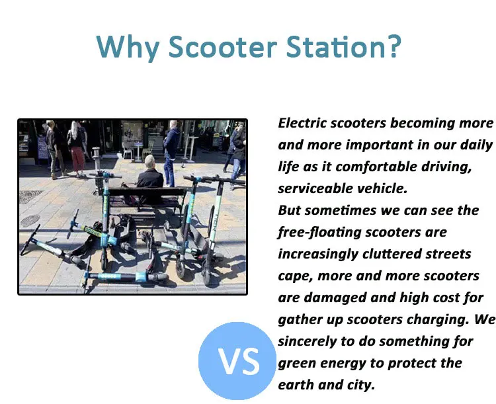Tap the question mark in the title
pos(394,46)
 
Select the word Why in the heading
pos(128,48)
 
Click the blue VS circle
pos(237,361)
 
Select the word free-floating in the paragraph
pos(319,233)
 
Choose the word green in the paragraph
pos(297,364)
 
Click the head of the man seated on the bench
pos(149,161)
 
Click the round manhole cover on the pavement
pos(30,220)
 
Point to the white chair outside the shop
pos(127,151)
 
